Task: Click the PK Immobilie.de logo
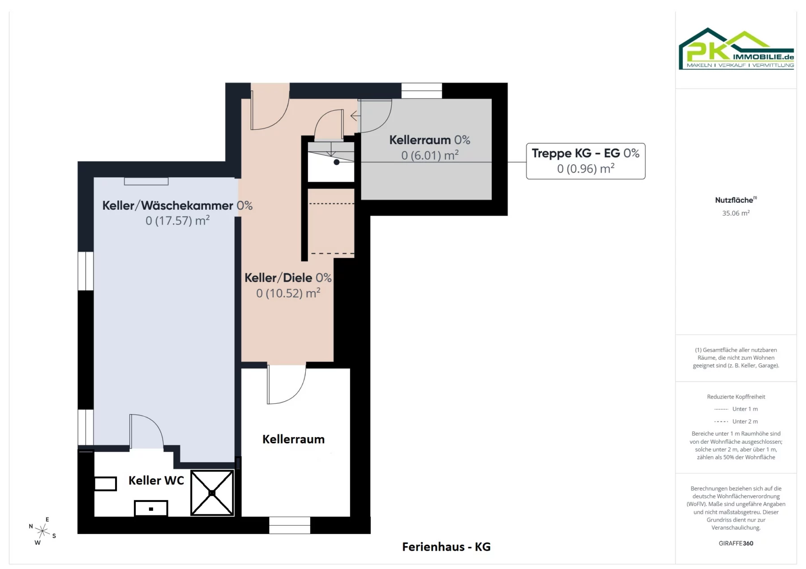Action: click(x=736, y=49)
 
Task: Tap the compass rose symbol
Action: click(x=43, y=531)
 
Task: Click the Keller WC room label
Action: click(x=156, y=480)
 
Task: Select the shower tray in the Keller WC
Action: click(x=212, y=493)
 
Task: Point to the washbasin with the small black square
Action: click(x=151, y=508)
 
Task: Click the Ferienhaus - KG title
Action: click(x=446, y=547)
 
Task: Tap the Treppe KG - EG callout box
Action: click(x=586, y=161)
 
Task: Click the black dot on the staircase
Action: click(x=337, y=162)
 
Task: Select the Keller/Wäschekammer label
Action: click(x=177, y=205)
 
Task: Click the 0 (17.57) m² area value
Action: click(x=177, y=221)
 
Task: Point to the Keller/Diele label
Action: click(x=288, y=278)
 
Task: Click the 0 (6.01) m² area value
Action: click(x=430, y=155)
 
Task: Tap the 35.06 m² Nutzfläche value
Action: click(x=736, y=213)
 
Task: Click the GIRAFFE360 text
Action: click(x=736, y=543)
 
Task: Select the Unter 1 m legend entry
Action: click(x=736, y=409)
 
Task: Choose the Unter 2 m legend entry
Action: click(x=736, y=421)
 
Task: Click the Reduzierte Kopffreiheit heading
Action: click(x=736, y=397)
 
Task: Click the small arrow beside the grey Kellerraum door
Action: click(x=355, y=116)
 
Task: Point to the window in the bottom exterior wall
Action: click(x=290, y=525)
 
